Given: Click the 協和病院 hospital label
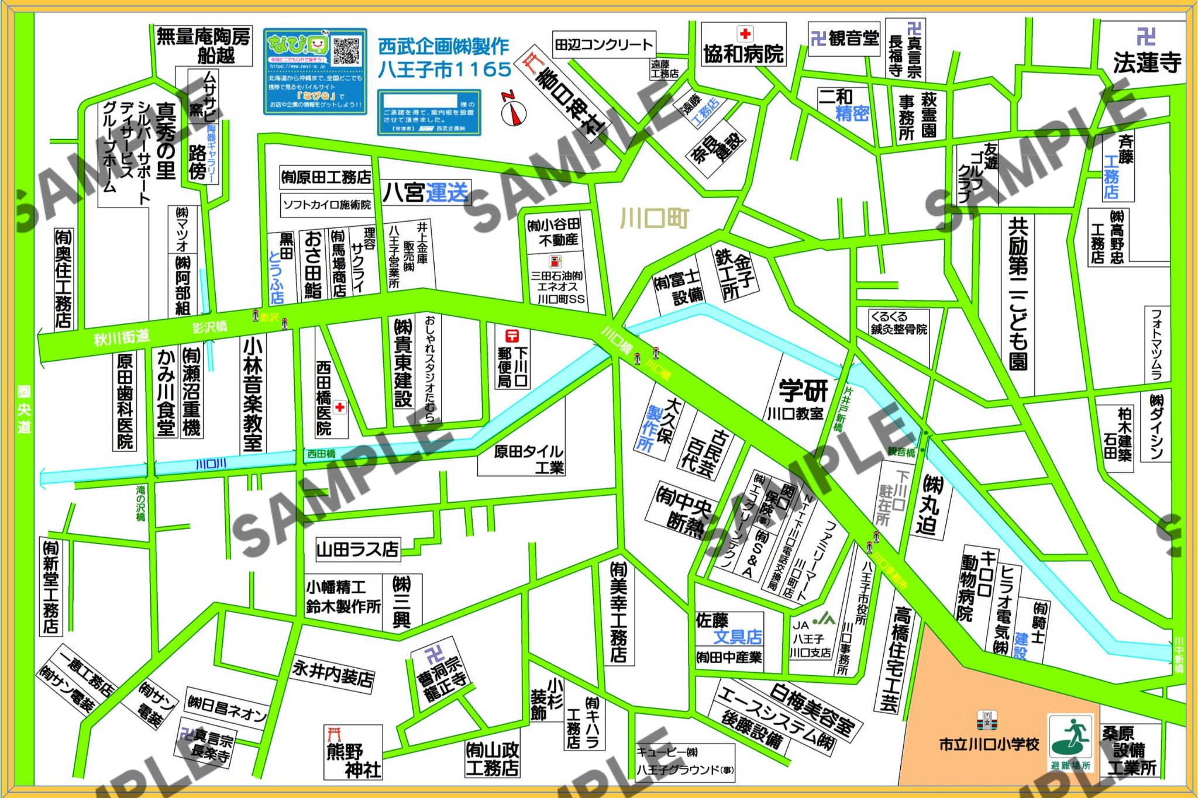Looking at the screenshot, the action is tap(743, 54).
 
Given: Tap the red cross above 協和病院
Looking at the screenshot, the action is tap(745, 33).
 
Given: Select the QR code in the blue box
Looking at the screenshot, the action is tap(346, 51).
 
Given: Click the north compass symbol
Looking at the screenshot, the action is tap(514, 112).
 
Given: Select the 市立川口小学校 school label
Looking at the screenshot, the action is tap(989, 744).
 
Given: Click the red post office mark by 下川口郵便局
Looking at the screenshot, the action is tap(512, 336).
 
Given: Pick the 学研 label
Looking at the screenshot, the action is tap(803, 389).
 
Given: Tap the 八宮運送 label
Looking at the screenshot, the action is tap(426, 192).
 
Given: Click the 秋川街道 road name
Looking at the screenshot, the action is tap(122, 337).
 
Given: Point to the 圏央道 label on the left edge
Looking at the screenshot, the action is tap(23, 409).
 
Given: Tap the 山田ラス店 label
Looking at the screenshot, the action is tap(357, 550).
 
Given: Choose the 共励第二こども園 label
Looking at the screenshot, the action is tap(1018, 292).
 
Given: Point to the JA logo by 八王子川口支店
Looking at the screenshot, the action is tap(825, 618).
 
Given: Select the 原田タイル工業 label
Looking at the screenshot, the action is tap(528, 459).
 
